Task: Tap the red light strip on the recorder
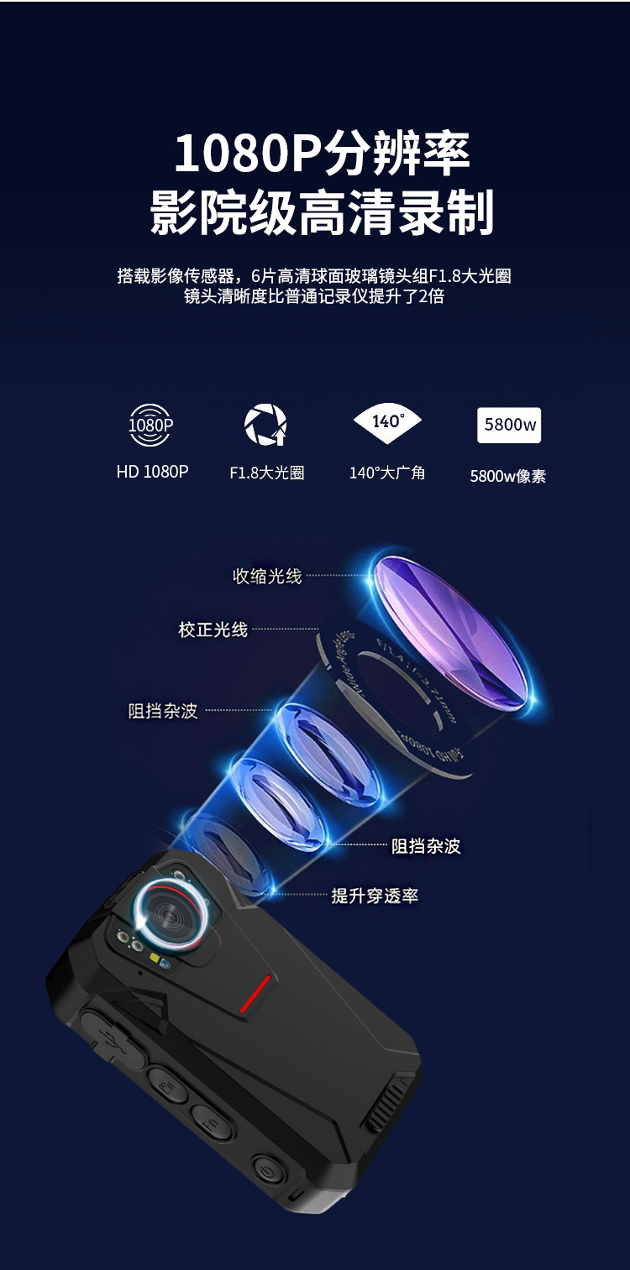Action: pyautogui.click(x=256, y=992)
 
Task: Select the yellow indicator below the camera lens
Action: pyautogui.click(x=155, y=958)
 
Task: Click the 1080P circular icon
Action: pyautogui.click(x=151, y=426)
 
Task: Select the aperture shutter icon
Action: pyautogui.click(x=265, y=425)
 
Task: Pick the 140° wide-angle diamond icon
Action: pyautogui.click(x=387, y=422)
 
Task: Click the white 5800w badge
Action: pyautogui.click(x=509, y=425)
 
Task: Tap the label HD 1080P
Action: pyautogui.click(x=152, y=472)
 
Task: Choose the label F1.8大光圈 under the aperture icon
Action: pyautogui.click(x=266, y=473)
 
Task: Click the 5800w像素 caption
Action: pyautogui.click(x=508, y=476)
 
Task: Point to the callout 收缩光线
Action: pyautogui.click(x=267, y=576)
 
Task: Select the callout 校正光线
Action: pyautogui.click(x=213, y=629)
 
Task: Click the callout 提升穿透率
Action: pyautogui.click(x=375, y=896)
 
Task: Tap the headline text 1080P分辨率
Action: pyautogui.click(x=322, y=154)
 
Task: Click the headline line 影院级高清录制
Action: pyautogui.click(x=322, y=213)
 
